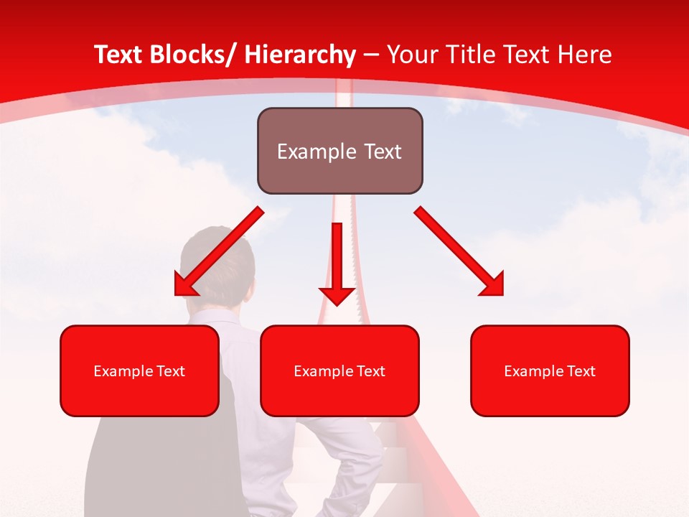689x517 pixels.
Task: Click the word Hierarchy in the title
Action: click(300, 55)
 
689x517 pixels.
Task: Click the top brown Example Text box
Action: click(339, 151)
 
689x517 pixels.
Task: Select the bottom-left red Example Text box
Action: click(139, 371)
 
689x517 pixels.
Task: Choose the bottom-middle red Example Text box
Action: click(339, 371)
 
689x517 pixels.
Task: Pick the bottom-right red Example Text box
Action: click(550, 371)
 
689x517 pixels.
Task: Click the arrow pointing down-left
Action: click(218, 252)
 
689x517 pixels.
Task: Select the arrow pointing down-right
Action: click(459, 252)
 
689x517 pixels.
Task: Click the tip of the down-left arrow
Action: click(177, 294)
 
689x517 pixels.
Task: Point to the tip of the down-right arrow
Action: click(502, 294)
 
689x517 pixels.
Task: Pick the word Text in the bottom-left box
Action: click(171, 371)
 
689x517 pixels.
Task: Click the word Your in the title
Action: click(411, 55)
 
